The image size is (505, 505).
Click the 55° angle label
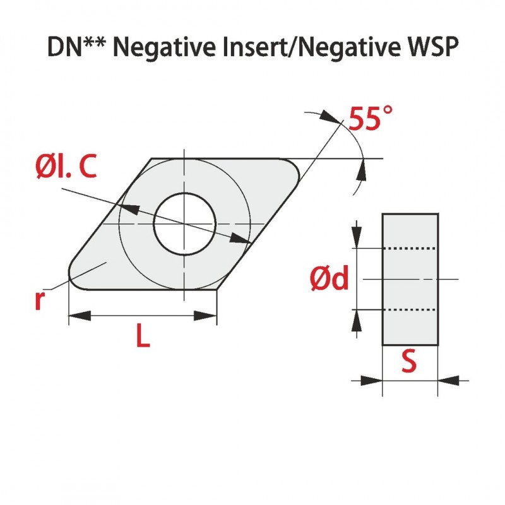[x=371, y=118]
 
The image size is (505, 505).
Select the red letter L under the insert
[x=143, y=338]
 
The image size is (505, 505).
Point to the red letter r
[x=40, y=301]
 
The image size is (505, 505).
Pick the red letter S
[x=410, y=362]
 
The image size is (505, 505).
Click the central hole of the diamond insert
[x=184, y=224]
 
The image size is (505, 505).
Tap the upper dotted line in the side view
[x=410, y=249]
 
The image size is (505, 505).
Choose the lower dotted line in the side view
[x=410, y=310]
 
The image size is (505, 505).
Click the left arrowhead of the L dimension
[x=76, y=316]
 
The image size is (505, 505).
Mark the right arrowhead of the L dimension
[x=210, y=316]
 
